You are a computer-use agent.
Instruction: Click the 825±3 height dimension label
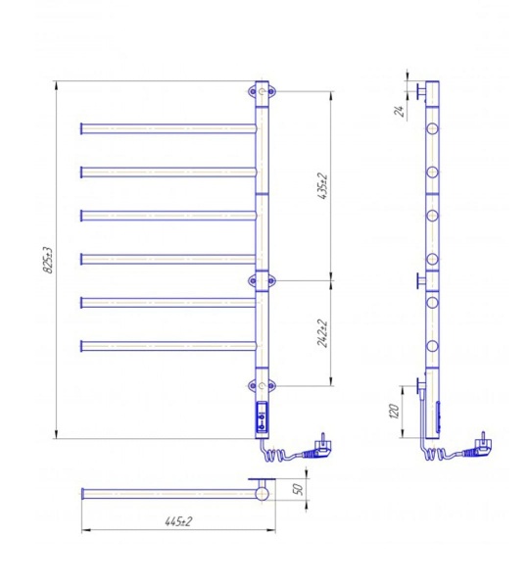coord(48,261)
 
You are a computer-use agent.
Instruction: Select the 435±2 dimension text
coord(323,186)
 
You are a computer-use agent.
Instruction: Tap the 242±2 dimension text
coord(323,333)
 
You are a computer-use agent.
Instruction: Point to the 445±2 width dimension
coord(178,521)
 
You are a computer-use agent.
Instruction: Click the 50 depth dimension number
coord(299,489)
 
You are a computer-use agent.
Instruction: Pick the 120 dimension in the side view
coord(395,411)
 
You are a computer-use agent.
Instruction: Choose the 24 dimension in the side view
coord(400,111)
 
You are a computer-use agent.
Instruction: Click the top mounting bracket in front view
coord(262,91)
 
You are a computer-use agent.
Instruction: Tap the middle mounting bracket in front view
coord(262,280)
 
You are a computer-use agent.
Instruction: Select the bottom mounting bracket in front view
coord(262,385)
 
